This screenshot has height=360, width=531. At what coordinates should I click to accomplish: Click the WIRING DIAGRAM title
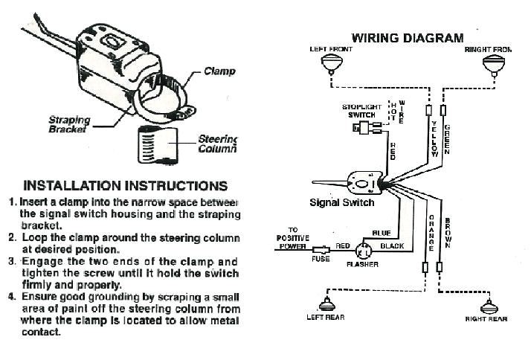[407, 38]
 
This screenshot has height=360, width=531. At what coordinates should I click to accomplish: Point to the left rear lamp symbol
[325, 304]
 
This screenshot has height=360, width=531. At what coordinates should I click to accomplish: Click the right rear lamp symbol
[489, 306]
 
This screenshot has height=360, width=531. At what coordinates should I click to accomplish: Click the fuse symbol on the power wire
[321, 251]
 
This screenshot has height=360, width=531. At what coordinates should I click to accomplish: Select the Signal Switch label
[341, 202]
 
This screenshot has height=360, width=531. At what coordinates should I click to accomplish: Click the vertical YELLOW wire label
[435, 137]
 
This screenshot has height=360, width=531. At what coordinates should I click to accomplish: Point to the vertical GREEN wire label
[447, 137]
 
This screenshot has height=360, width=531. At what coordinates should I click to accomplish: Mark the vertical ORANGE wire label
[431, 231]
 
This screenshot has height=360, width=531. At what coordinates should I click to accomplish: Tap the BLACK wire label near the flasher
[392, 245]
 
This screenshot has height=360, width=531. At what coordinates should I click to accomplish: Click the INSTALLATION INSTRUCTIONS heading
[126, 185]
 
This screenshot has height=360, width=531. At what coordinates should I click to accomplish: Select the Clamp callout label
[219, 72]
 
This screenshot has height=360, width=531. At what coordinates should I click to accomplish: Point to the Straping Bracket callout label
[69, 124]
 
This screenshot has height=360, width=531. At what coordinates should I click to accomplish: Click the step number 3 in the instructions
[12, 262]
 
